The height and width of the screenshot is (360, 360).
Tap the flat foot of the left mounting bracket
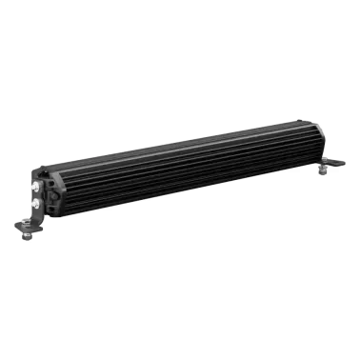point(25,226)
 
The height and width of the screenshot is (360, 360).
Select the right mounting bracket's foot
point(336,163)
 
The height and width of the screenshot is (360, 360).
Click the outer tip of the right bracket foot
point(345,162)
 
